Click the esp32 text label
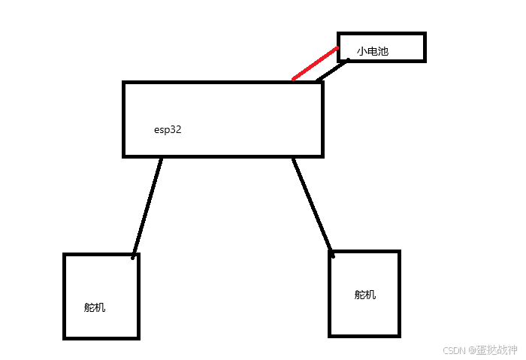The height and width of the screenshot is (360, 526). click(x=168, y=129)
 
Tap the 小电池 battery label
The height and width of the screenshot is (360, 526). click(x=373, y=52)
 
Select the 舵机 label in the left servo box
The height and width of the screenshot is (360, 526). click(x=95, y=307)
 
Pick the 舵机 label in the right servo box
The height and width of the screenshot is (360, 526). click(x=365, y=295)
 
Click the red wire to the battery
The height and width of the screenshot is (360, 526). click(x=316, y=64)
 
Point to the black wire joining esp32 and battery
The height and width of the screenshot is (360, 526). click(x=333, y=70)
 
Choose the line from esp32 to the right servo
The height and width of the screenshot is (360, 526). click(x=312, y=204)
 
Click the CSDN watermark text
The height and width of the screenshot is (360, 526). click(x=455, y=350)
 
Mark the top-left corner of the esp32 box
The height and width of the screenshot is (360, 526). click(x=124, y=83)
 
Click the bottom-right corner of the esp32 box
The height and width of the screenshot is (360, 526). click(x=322, y=156)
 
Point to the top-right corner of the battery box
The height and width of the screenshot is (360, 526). click(x=425, y=34)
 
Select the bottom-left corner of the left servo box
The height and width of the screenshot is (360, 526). click(x=65, y=337)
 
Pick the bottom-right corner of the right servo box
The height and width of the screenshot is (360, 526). click(x=398, y=334)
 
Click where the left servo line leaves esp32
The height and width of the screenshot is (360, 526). click(x=161, y=158)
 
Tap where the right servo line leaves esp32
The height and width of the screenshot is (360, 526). click(x=293, y=158)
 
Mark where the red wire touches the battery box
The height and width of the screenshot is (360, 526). click(x=338, y=49)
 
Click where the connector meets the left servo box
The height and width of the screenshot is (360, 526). click(x=134, y=256)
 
